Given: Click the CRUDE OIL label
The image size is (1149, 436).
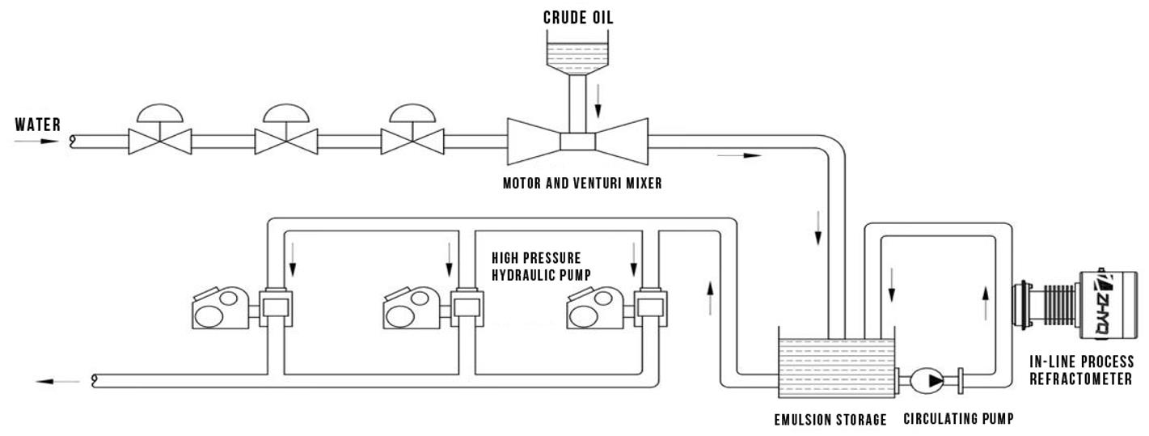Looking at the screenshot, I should tap(577, 17).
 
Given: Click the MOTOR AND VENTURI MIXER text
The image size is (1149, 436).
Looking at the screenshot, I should tap(582, 184).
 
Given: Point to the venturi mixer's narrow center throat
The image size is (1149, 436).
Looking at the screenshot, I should tap(577, 142).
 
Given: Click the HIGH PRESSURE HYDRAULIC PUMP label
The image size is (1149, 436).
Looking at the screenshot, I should tap(537, 265).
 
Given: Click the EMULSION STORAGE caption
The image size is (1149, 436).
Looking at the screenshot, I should tap(830, 420).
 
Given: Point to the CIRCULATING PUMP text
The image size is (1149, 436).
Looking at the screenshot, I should tap(958, 420).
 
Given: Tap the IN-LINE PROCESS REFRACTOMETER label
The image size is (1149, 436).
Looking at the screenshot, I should tap(1080, 370).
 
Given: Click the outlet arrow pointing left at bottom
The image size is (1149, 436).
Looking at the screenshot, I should tap(58, 380).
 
